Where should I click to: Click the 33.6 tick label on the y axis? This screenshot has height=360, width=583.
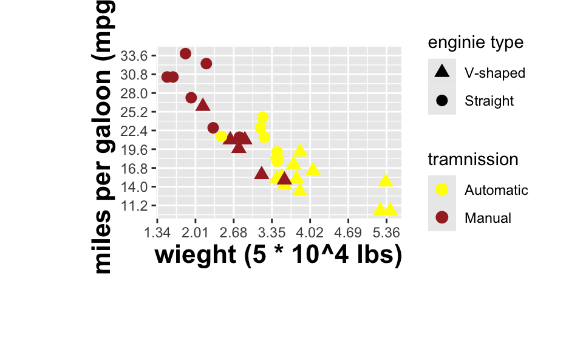134,56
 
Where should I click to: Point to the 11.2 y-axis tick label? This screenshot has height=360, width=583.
134,206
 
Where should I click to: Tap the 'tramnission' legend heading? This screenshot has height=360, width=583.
473,160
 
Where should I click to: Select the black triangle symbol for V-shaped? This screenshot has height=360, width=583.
442,72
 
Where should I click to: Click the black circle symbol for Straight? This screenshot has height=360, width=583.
442,101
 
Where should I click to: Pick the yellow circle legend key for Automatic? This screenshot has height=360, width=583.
442,189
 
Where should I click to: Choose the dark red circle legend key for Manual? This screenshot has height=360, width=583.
442,217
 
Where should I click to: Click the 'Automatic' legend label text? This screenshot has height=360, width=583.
496,190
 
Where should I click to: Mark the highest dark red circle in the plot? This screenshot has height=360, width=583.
186,54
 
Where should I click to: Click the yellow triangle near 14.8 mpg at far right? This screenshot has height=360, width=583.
386,180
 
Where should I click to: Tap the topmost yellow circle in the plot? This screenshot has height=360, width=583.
262,117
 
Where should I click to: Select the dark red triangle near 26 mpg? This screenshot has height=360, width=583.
203,105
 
